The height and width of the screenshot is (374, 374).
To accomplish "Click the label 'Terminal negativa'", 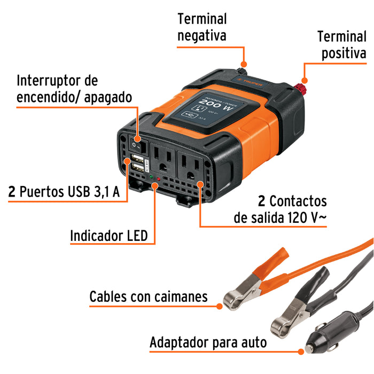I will coord(202,27).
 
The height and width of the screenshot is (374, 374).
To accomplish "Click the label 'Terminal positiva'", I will coord(342,45).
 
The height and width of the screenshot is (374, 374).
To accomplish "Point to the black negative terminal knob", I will coord(241,69).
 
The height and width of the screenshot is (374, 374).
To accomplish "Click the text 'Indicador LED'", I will coord(108,236).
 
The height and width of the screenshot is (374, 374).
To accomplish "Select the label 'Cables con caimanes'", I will coord(148,297).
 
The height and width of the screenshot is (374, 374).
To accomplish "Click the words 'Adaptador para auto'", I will coord(208,342).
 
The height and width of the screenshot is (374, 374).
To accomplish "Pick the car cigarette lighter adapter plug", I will coord(328,337).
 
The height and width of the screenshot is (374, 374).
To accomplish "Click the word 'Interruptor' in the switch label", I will coord(57,81).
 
